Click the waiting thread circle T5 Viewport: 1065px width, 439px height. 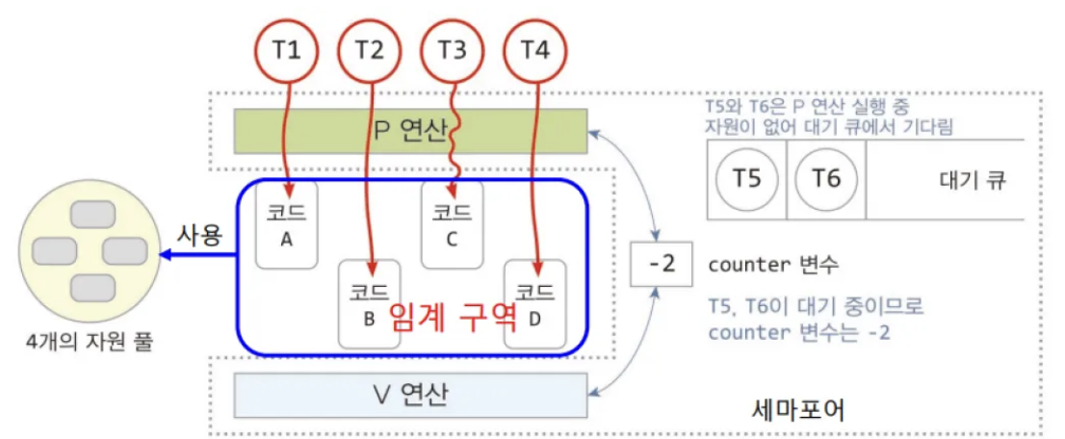[x=747, y=179]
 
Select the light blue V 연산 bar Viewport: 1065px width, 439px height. [x=410, y=395]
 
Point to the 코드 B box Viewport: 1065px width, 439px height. [x=369, y=302]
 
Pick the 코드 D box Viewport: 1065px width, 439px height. [x=534, y=302]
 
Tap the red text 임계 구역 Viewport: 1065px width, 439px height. [x=453, y=315]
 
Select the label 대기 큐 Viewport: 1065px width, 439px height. [x=971, y=180]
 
